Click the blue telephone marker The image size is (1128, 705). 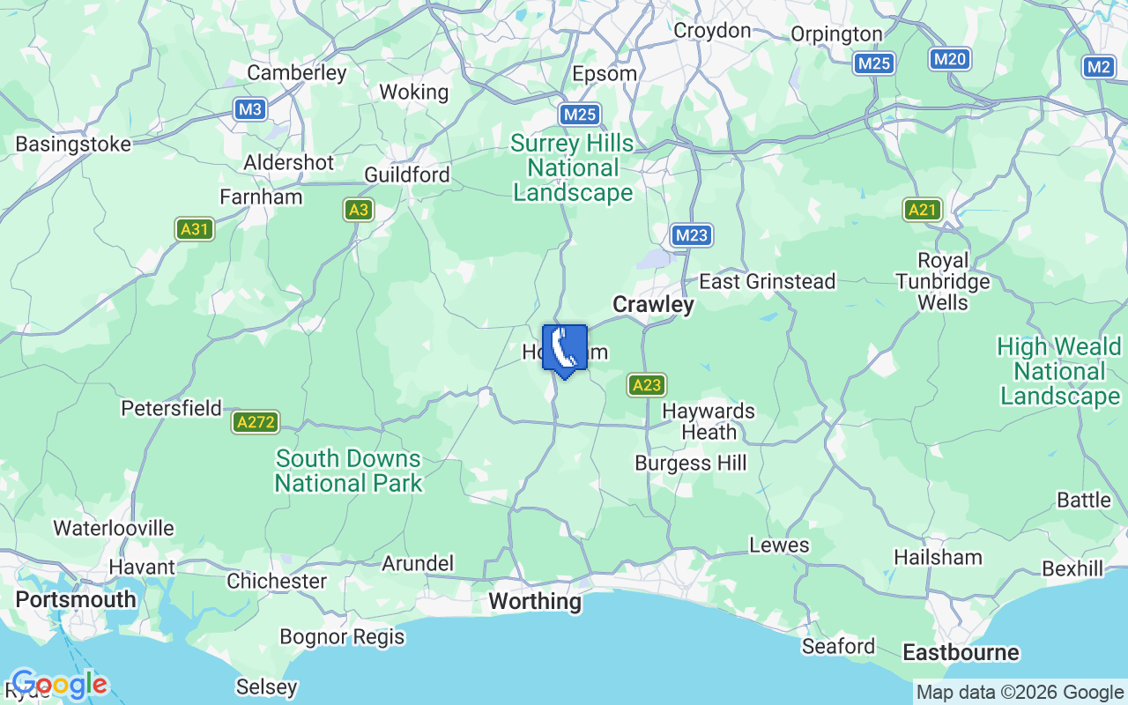[565, 350]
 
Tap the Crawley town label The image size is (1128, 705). [653, 305]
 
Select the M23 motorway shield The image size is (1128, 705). [692, 235]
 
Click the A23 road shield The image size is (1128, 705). [647, 385]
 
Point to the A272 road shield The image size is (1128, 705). [256, 422]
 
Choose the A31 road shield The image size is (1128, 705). [195, 230]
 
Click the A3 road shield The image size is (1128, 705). [358, 210]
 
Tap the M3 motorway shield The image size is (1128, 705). [251, 109]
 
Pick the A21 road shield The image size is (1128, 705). [923, 210]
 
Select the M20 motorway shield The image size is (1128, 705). [950, 60]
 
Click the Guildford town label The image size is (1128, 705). [407, 174]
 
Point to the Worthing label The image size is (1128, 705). [535, 602]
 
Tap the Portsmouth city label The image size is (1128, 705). [76, 599]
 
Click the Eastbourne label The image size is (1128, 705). [961, 653]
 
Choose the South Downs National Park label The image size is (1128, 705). [348, 471]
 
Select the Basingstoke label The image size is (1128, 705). [73, 144]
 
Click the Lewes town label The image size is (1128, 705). [779, 545]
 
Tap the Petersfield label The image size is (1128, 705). [171, 408]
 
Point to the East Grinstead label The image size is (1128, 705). [767, 282]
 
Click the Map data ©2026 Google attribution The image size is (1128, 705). [1020, 693]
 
